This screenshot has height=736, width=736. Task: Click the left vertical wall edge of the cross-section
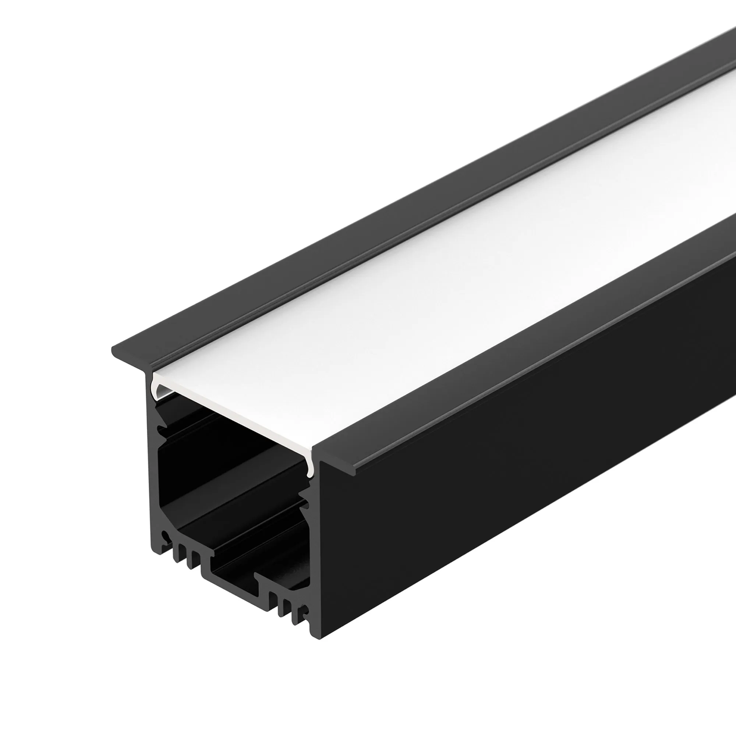(152, 476)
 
